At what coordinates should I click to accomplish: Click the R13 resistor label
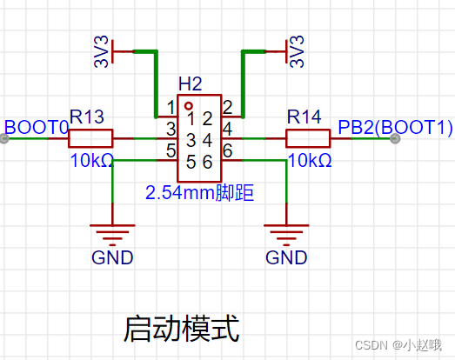click(87, 117)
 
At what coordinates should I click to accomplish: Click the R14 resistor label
click(304, 117)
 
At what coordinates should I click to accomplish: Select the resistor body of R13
click(90, 138)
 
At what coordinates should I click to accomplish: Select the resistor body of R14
click(308, 138)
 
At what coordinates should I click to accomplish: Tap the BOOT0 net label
click(36, 128)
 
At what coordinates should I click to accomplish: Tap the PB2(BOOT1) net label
click(396, 128)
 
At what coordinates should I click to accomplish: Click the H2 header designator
click(190, 84)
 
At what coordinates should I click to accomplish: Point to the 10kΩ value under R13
click(91, 161)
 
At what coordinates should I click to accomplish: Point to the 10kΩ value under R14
click(309, 161)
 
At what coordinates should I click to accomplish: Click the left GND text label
click(112, 257)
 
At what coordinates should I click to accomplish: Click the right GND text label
click(286, 257)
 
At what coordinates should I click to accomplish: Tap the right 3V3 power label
click(298, 52)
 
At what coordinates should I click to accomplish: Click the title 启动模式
click(181, 329)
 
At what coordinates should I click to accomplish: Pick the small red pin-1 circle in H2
click(188, 104)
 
